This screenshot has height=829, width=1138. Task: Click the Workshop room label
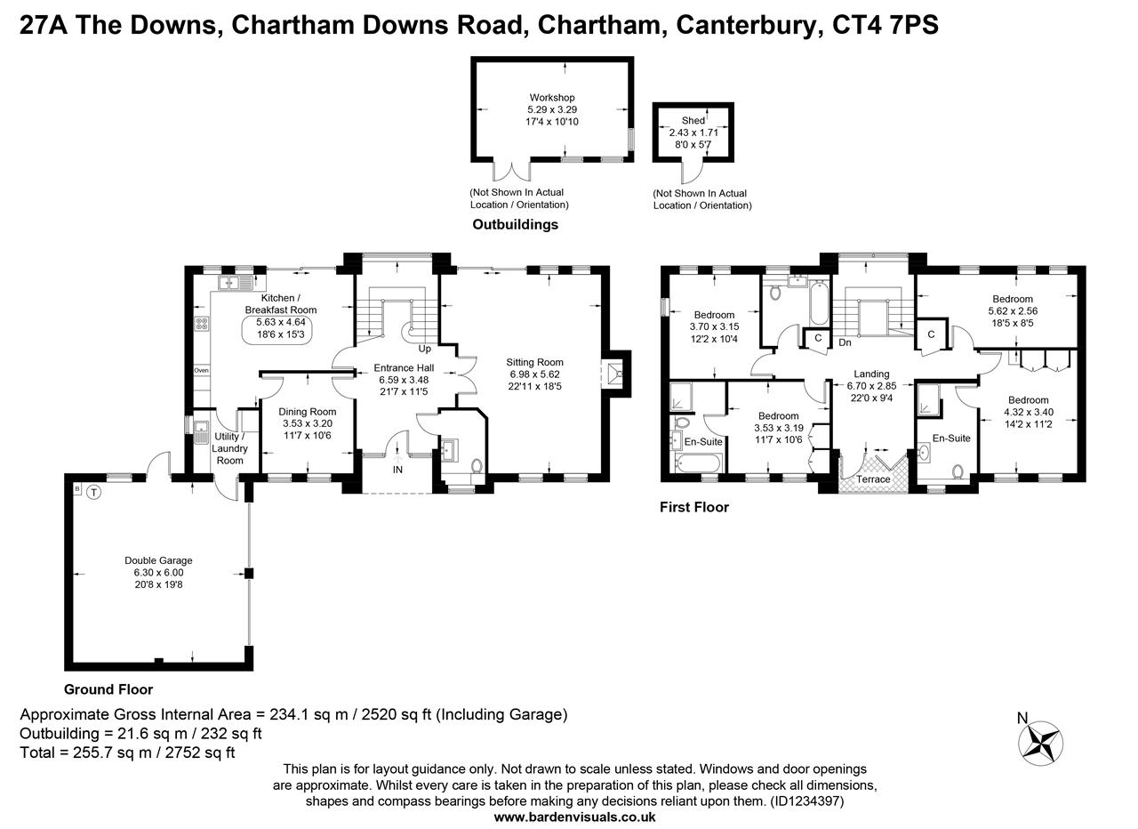coord(552,98)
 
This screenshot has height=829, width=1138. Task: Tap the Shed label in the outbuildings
coord(693,120)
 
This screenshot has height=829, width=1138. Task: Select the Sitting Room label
coord(535,362)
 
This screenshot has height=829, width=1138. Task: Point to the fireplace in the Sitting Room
coord(613,371)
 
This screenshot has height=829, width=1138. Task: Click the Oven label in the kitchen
coord(202,370)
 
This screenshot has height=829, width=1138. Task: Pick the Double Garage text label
coord(158,560)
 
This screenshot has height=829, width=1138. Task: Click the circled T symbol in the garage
coord(94,491)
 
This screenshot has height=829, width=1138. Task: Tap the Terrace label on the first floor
coord(873,479)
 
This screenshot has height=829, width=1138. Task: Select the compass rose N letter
coord(1022,719)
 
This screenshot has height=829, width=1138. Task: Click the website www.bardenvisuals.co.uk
coord(574,817)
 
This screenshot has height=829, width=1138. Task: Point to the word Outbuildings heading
coord(516,224)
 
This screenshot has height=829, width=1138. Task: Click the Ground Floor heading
coord(108,689)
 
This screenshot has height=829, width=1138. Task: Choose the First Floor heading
coord(694,507)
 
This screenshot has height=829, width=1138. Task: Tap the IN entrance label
coord(397,469)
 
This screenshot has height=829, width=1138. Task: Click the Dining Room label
coord(308,412)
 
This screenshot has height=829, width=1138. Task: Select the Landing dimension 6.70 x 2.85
coord(871,386)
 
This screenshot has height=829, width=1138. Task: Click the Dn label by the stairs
coord(845,342)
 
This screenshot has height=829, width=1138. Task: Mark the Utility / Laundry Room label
coord(229,448)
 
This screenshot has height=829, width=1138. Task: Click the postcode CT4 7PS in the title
coord(885,25)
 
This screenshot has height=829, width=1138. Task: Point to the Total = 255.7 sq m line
coord(127,753)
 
